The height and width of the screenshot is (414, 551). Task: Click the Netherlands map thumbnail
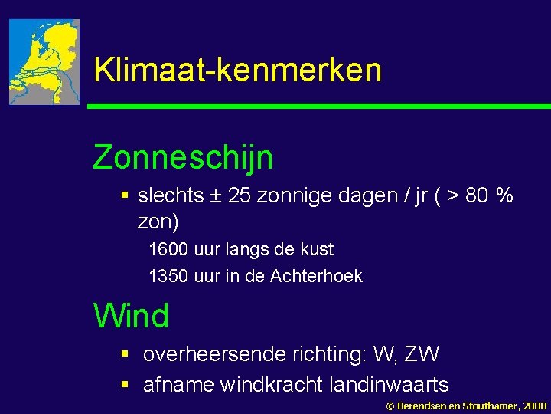[x=44, y=62]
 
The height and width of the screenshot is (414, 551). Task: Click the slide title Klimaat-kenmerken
[x=237, y=70]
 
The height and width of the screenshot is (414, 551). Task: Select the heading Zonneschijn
[x=183, y=158]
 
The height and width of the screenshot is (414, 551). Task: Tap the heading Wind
[x=131, y=315]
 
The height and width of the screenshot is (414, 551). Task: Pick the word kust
[x=318, y=250]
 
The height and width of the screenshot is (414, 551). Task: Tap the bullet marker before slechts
[x=125, y=197]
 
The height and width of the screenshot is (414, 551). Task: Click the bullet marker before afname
[x=125, y=384]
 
